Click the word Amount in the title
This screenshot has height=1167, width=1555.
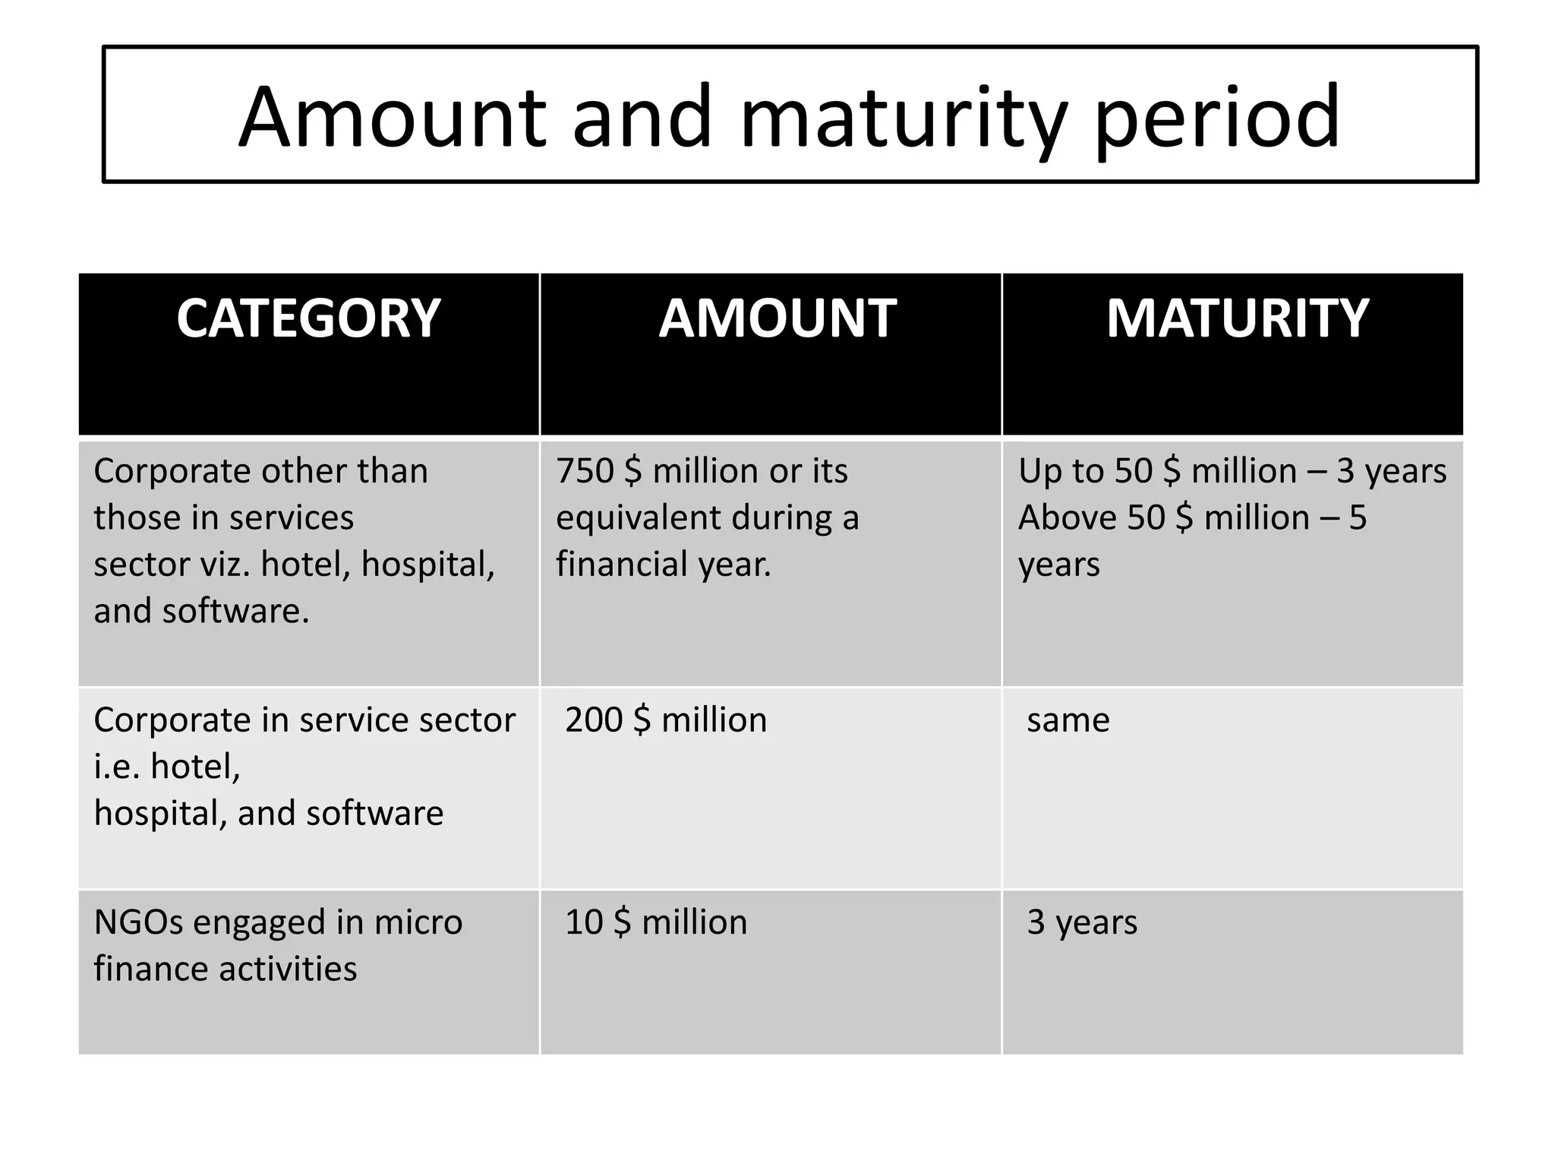392,118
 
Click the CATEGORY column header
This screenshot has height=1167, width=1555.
308,318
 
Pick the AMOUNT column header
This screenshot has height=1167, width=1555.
777,318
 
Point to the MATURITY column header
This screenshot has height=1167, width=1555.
1237,318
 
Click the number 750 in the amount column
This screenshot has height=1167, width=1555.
584,471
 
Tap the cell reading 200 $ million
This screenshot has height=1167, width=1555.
666,719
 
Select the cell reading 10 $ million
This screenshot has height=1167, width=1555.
656,922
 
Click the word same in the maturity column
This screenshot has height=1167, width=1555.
1068,719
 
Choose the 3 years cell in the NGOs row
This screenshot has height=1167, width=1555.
1082,922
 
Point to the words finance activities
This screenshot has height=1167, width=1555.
226,969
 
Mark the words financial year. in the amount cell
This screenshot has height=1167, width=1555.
663,565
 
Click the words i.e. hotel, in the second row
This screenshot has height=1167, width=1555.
167,766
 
